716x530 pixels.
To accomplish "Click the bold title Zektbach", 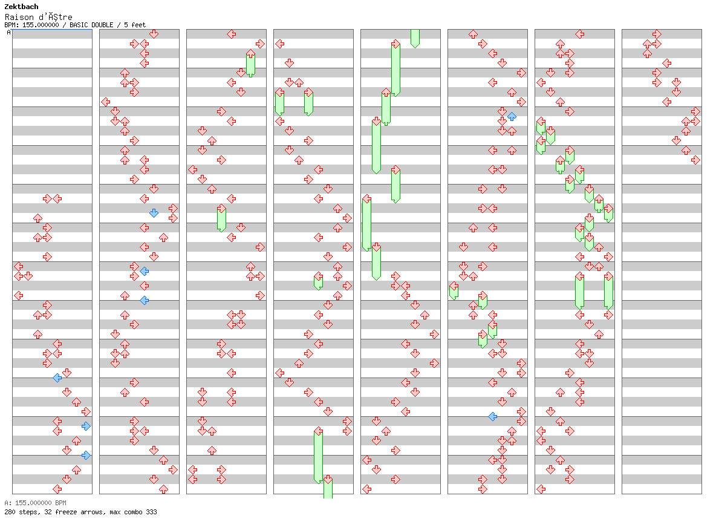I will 21,7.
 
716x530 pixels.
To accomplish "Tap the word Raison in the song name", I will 16,17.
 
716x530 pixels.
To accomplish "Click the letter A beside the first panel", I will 8,33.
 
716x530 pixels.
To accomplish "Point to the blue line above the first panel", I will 52,29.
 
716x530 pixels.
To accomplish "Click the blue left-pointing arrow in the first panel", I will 57,378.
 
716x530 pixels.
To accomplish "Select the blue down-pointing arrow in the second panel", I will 154,213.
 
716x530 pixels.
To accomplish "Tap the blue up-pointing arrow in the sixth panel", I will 512,116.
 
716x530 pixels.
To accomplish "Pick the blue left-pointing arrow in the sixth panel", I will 492,416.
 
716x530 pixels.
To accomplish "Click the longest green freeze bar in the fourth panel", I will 318,456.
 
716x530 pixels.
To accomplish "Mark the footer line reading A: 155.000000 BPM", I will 35,503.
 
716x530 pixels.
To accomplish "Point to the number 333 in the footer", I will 151,512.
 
